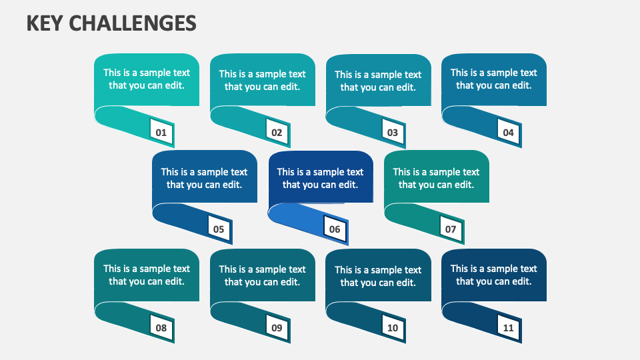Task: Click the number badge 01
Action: click(x=161, y=133)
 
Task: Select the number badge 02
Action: click(x=277, y=133)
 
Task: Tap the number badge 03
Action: click(x=393, y=133)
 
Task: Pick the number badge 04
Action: click(x=509, y=133)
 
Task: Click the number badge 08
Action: click(x=161, y=328)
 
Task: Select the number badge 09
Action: click(x=277, y=328)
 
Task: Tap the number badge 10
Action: click(x=393, y=328)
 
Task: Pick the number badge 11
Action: click(x=509, y=328)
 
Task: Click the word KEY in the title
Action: click(x=45, y=24)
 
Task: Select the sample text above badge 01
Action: click(x=147, y=79)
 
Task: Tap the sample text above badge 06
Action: click(x=321, y=178)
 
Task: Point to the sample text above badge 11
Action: click(x=494, y=275)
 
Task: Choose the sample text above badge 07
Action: click(x=437, y=178)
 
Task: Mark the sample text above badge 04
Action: click(x=494, y=79)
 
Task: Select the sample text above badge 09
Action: click(x=263, y=275)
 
